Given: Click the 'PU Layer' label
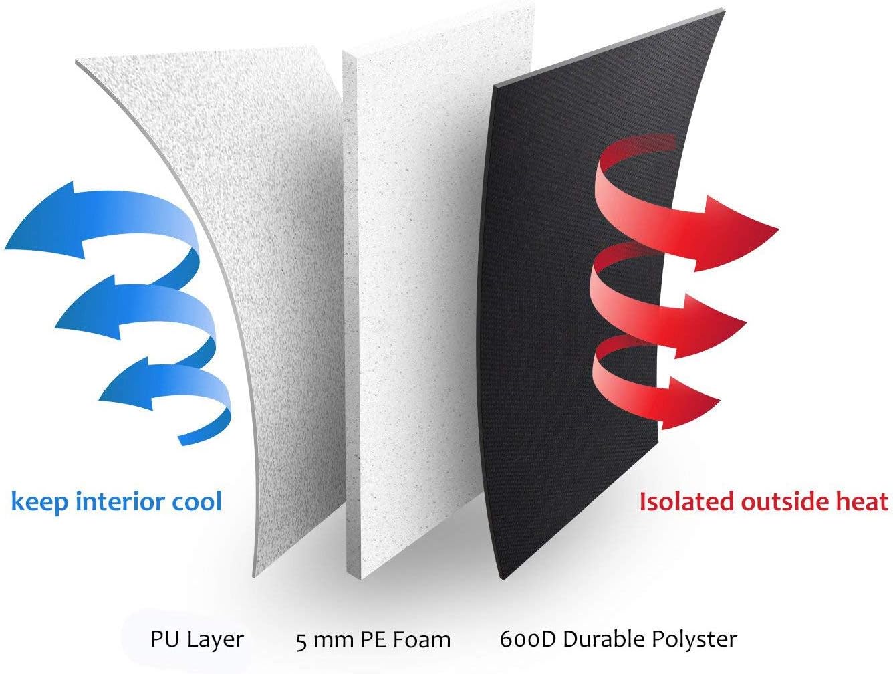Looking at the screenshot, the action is pos(197,640).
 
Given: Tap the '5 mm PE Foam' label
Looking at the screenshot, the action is pos(373,641).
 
